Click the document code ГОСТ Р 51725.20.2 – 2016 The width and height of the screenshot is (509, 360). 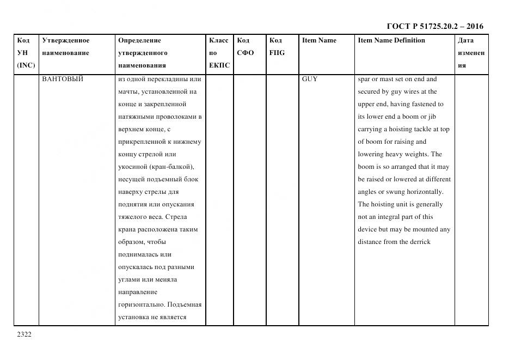tap(435, 26)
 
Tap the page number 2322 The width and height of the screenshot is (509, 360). tap(24, 334)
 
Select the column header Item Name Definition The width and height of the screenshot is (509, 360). tap(391, 40)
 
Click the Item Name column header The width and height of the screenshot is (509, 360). tap(319, 40)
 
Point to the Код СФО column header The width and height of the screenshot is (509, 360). tap(245, 47)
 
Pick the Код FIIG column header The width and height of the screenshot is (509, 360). tap(277, 47)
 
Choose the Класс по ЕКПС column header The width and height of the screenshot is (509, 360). tap(219, 53)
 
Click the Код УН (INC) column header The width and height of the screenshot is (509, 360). tap(26, 53)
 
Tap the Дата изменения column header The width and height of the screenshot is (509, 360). tap(471, 53)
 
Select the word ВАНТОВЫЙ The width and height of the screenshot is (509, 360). tap(63, 79)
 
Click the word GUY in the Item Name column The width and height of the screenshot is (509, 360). tap(310, 79)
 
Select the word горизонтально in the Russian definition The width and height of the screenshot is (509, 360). tap(141, 304)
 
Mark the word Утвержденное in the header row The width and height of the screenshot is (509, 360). tap(66, 40)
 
